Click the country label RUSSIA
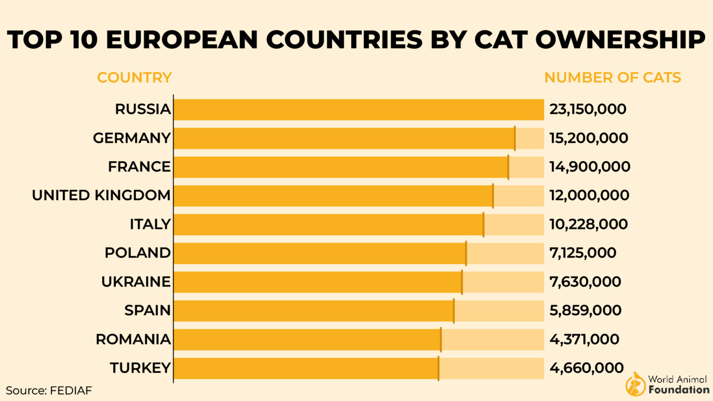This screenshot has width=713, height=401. tap(143, 109)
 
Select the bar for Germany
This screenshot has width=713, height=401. tap(344, 138)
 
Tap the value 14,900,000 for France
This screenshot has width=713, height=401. tap(590, 167)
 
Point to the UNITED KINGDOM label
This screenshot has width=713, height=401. tap(101, 195)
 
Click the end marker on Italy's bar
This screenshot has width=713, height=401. tap(483, 225)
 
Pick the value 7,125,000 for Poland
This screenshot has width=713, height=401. tap(583, 253)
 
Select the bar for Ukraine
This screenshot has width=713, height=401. tap(318, 282)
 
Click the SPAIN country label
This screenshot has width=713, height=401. tap(147, 310)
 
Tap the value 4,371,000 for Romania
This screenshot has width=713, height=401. tap(584, 339)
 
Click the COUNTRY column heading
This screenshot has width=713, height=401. tap(134, 78)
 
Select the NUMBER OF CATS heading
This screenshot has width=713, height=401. tap(612, 78)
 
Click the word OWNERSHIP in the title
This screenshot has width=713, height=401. tap(620, 39)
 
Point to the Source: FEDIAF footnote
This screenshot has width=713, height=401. tap(49, 390)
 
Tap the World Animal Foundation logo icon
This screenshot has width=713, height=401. tap(635, 384)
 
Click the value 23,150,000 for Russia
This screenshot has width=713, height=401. tap(588, 109)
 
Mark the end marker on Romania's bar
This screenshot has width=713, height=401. tap(441, 340)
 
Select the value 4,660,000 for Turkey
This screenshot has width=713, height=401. tap(586, 368)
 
